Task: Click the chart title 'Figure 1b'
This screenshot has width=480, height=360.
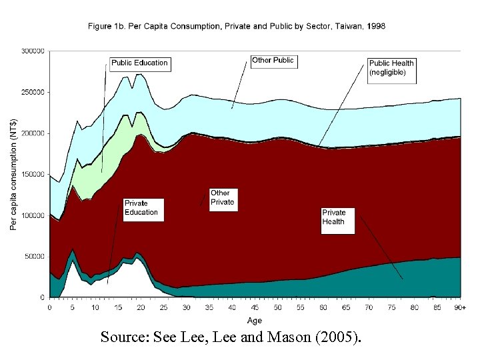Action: [236, 26]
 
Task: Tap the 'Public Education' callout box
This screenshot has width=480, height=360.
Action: [139, 63]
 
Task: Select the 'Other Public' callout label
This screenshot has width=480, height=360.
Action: [273, 61]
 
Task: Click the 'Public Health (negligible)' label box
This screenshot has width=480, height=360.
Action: [391, 67]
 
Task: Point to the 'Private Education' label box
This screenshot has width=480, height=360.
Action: [141, 208]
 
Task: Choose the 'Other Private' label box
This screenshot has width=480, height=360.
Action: [223, 197]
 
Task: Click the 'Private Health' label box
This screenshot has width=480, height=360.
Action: [337, 217]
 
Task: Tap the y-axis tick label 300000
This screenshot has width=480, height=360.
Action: [33, 51]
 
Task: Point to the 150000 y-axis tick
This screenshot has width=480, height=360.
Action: [33, 174]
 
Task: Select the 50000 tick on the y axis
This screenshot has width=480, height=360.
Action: [35, 256]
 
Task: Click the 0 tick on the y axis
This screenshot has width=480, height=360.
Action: [42, 297]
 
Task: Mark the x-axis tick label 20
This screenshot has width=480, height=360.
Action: [141, 308]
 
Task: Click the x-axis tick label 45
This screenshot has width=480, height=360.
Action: [255, 308]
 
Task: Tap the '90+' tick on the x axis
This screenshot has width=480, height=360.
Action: [460, 308]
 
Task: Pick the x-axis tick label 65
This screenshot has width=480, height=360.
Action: [346, 308]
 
